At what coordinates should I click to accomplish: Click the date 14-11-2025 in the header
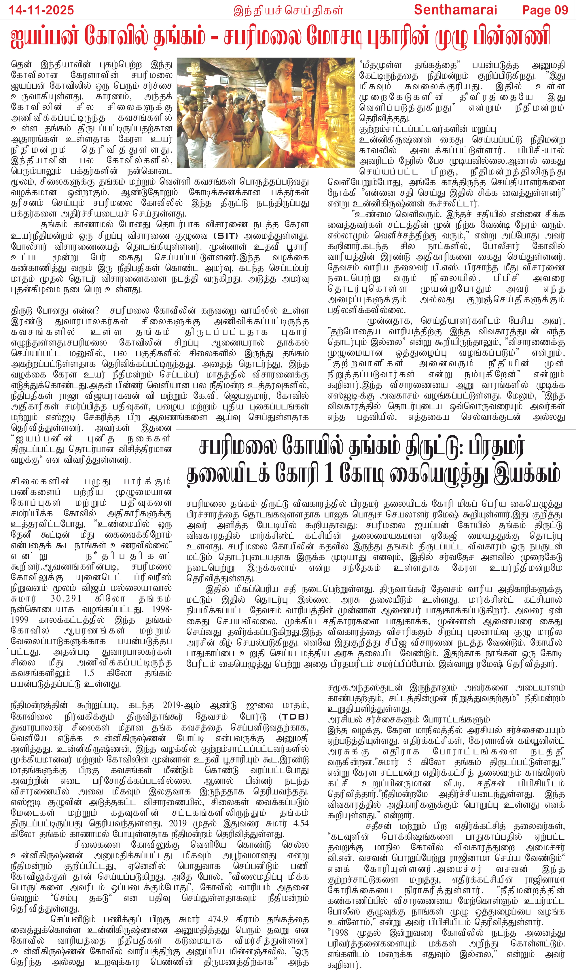(41, 10)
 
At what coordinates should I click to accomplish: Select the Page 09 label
(545, 10)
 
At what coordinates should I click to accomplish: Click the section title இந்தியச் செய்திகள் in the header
(288, 10)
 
